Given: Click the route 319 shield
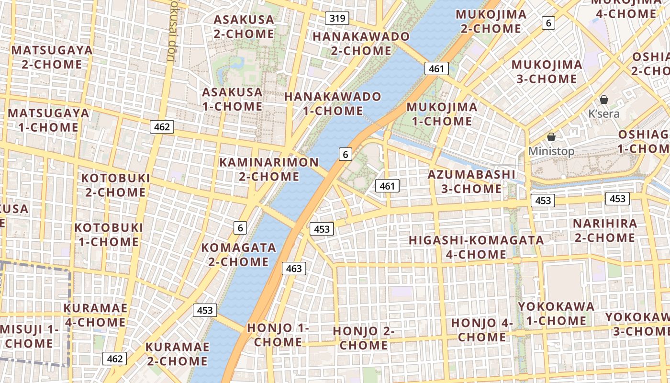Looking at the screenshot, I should click(337, 19).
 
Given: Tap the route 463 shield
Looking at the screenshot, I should click(293, 269).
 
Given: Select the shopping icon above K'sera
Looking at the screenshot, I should click(604, 100).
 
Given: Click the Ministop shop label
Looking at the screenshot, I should click(551, 151).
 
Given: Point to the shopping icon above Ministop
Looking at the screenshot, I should click(551, 137).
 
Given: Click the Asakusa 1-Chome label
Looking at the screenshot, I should click(232, 99).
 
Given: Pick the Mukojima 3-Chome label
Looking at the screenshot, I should click(547, 71).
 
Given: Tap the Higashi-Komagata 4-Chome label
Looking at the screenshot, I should click(476, 247).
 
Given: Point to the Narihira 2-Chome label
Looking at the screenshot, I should click(605, 230).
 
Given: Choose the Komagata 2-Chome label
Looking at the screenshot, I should click(239, 255).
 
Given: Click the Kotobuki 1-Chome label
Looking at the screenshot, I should click(109, 234).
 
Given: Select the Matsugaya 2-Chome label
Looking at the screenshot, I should click(52, 57).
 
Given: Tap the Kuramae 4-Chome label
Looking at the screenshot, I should click(95, 315).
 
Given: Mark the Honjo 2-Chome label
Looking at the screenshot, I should click(364, 338).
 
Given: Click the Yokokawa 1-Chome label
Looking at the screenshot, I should click(556, 313).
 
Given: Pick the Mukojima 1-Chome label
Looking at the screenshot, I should click(442, 114).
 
